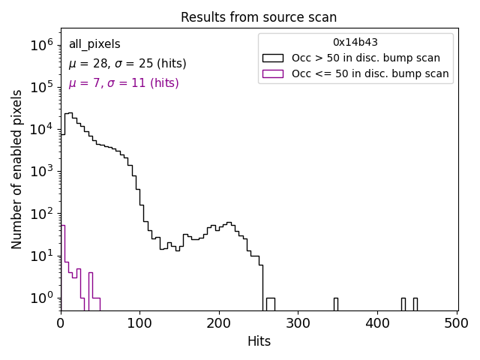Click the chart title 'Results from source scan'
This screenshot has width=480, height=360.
coord(259,17)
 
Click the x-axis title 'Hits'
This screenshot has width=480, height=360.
coord(259,341)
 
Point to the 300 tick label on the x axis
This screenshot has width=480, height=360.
coord(298,323)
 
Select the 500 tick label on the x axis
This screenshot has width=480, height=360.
coord(457,323)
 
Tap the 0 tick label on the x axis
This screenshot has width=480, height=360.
coord(61,323)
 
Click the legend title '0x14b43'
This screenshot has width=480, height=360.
coord(355,42)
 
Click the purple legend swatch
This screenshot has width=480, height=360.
coord(272,73)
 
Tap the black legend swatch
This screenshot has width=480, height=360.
coord(272,58)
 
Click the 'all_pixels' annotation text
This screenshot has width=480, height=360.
coord(94,44)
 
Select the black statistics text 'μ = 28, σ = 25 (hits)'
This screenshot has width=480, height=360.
coord(127,64)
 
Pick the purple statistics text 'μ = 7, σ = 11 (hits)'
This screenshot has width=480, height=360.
coord(124,83)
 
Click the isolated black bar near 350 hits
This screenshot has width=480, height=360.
coord(335,304)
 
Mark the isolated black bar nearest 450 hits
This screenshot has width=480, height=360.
coord(415,304)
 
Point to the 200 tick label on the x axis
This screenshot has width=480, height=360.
coord(219,323)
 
